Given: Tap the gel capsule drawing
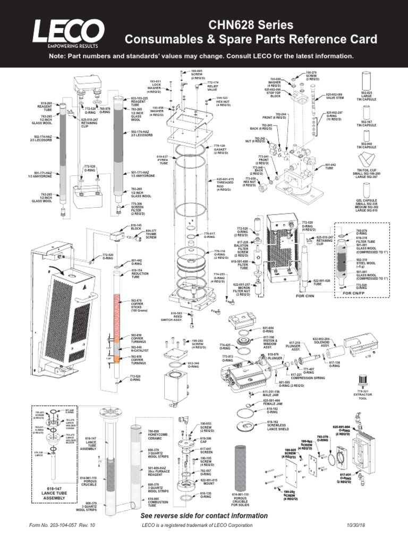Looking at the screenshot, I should tap(367, 192).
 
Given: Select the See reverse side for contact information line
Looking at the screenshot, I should tap(204, 515).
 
